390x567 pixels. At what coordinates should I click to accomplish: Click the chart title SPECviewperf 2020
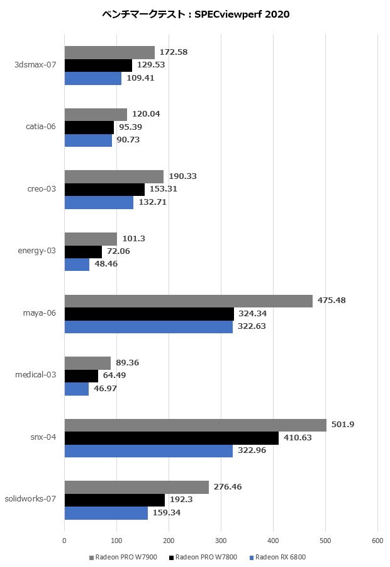(195, 14)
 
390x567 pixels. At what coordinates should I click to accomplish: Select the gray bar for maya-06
(189, 301)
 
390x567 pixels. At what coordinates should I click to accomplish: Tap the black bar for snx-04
(172, 438)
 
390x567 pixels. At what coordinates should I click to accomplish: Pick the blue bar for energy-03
(77, 265)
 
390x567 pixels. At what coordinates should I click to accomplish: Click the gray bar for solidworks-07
(136, 487)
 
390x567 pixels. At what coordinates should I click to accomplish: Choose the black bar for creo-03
(104, 190)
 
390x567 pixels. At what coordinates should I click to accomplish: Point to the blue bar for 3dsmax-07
(93, 79)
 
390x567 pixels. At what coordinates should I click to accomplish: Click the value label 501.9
(343, 425)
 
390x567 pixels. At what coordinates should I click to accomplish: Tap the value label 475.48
(332, 301)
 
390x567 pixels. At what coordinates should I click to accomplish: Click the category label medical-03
(35, 375)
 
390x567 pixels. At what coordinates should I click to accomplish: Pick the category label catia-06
(41, 127)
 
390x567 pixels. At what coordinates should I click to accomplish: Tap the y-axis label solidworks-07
(30, 499)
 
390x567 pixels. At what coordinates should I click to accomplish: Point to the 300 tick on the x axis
(221, 541)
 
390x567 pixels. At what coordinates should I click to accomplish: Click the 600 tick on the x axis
(377, 541)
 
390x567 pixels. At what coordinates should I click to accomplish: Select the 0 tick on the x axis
(64, 541)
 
